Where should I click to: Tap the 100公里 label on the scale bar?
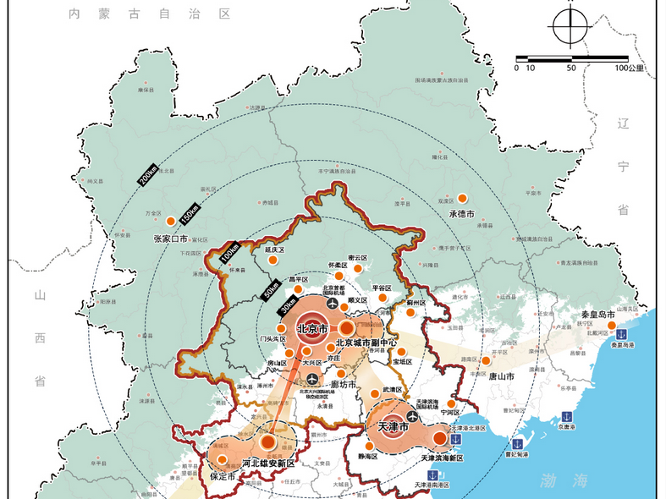630,68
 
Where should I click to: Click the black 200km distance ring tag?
146,175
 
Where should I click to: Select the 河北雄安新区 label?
267,463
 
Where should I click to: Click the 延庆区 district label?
276,250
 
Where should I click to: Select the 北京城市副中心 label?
366,343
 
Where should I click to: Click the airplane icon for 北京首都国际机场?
329,303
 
